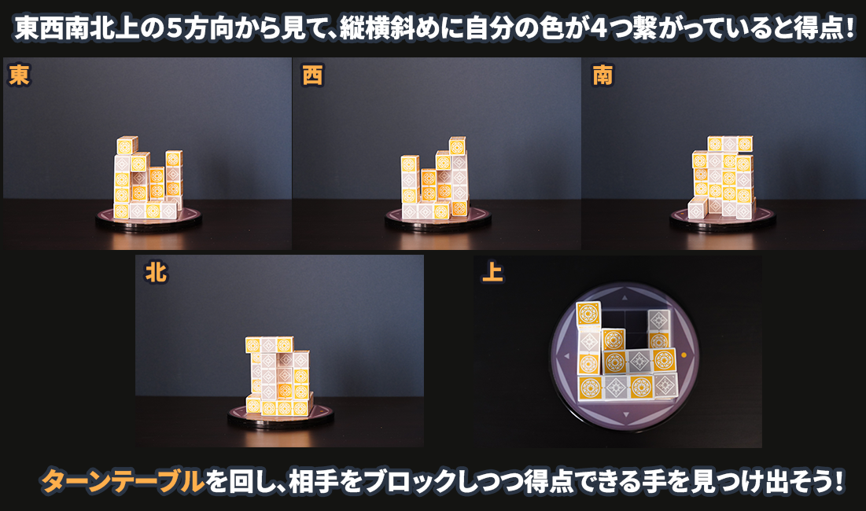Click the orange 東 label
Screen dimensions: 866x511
pyautogui.click(x=19, y=75)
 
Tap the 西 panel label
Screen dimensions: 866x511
pyautogui.click(x=312, y=75)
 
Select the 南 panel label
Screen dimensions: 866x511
pyautogui.click(x=602, y=75)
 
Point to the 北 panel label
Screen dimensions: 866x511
pyautogui.click(x=156, y=272)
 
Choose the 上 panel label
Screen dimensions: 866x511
pyautogui.click(x=492, y=272)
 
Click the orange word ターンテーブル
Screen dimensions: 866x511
pyautogui.click(x=123, y=481)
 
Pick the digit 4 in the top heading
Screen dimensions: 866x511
pyautogui.click(x=599, y=29)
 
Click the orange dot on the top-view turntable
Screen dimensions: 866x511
pyautogui.click(x=684, y=355)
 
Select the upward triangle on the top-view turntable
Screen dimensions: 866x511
pyautogui.click(x=625, y=298)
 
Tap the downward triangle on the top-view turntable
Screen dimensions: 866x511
pyautogui.click(x=626, y=414)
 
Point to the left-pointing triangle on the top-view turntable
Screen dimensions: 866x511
pyautogui.click(x=566, y=356)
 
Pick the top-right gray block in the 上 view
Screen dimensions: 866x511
pyautogui.click(x=658, y=321)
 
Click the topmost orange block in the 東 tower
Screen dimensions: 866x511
pyautogui.click(x=127, y=146)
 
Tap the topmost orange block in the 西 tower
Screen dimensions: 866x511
pyautogui.click(x=457, y=146)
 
